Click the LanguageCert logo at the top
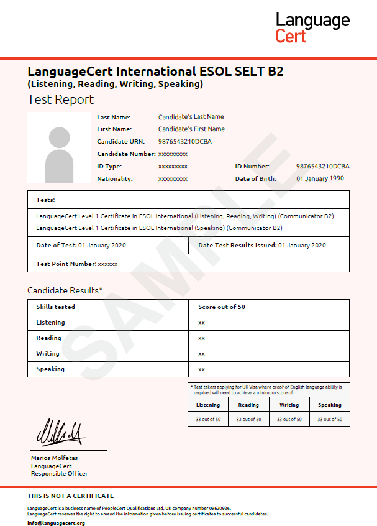[312, 27]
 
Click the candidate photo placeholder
[59, 148]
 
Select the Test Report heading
[61, 99]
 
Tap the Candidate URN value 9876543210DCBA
[184, 142]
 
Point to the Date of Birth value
[320, 179]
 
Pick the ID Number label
[252, 167]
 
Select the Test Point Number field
[77, 264]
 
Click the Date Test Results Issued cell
[261, 246]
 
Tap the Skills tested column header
[56, 307]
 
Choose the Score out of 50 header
[222, 307]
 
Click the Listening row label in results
[50, 323]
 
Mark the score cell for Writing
[201, 354]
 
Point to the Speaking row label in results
[50, 369]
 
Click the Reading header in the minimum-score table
[248, 405]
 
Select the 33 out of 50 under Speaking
[329, 420]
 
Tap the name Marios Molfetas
[55, 458]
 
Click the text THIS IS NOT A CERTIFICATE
[71, 496]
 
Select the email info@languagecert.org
[56, 523]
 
